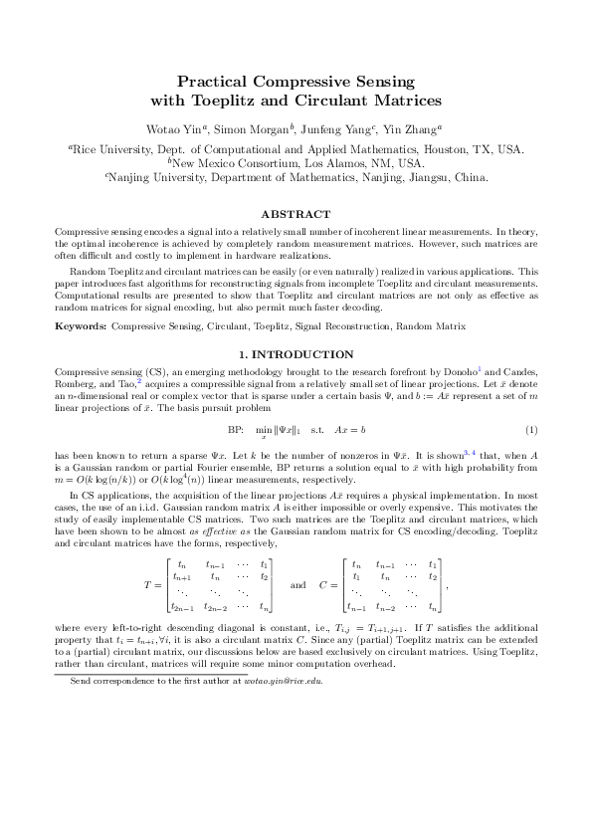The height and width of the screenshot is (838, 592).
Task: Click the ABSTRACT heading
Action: [296, 214]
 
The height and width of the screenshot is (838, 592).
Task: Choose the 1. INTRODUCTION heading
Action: [296, 354]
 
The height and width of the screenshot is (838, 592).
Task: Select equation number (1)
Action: [531, 402]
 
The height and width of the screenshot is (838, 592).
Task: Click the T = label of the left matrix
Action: [150, 585]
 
